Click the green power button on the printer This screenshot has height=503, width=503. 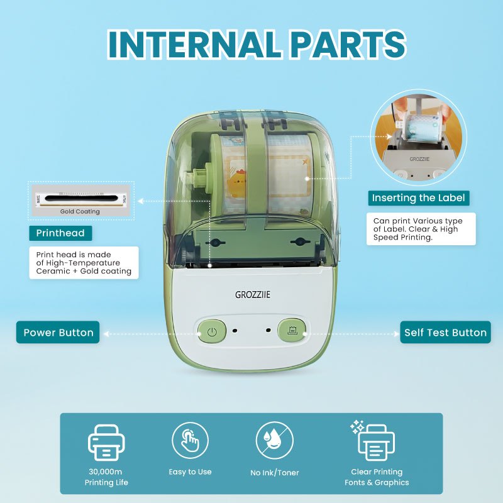(212, 331)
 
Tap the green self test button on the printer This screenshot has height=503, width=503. (292, 330)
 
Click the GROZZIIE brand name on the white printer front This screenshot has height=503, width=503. (253, 294)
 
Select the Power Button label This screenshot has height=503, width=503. (58, 333)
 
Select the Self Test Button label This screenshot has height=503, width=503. (445, 333)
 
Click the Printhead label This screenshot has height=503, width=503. (60, 233)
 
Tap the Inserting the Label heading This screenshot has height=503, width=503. (418, 197)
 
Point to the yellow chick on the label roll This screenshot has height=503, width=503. (237, 184)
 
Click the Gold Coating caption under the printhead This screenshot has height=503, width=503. (80, 211)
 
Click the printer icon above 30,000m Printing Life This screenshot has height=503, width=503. (106, 443)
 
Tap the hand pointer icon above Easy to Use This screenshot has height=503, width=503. (190, 441)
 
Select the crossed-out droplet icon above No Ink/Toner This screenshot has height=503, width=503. (275, 441)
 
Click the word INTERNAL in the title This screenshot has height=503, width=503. (193, 44)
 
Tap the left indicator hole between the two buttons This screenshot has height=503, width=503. (235, 331)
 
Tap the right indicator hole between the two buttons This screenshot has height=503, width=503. (268, 330)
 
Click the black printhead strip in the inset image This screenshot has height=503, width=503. (80, 198)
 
